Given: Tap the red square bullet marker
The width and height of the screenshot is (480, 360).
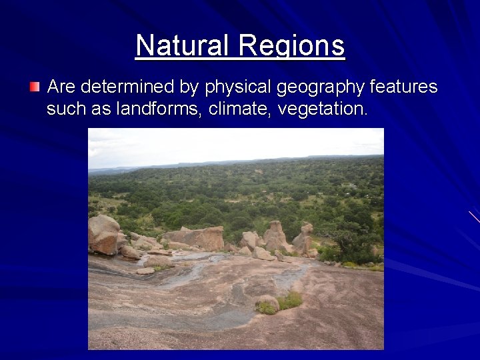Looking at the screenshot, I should tap(35, 87).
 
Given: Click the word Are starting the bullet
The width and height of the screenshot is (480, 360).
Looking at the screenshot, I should tap(61, 87).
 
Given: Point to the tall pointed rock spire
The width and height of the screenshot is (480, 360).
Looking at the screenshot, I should tap(275, 234).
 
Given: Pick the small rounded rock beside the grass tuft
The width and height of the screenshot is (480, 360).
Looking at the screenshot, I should tap(267, 303).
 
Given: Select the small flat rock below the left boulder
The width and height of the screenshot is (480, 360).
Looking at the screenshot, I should tap(145, 271).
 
